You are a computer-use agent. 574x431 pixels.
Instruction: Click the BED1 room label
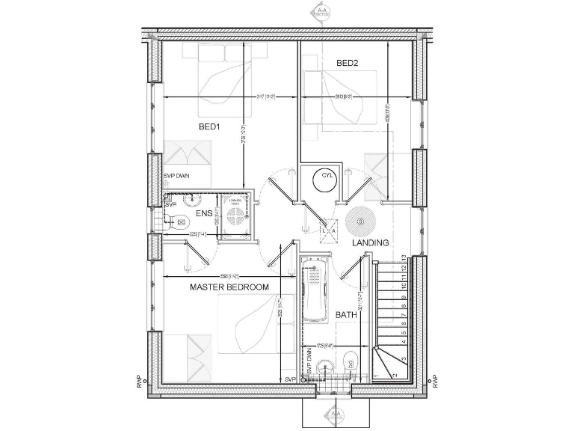pos(209,126)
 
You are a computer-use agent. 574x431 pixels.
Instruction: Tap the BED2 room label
pos(348,64)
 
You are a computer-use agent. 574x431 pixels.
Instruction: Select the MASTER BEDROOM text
pos(229,287)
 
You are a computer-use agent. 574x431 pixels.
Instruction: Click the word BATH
pos(346,315)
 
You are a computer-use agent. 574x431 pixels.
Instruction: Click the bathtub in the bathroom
pos(315,291)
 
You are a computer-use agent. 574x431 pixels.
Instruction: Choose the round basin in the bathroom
pos(324,367)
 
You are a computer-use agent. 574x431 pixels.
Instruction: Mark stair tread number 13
pos(404,258)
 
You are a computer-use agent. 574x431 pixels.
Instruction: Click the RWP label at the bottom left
pos(139,380)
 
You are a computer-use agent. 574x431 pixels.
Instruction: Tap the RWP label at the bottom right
pos(435,380)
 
